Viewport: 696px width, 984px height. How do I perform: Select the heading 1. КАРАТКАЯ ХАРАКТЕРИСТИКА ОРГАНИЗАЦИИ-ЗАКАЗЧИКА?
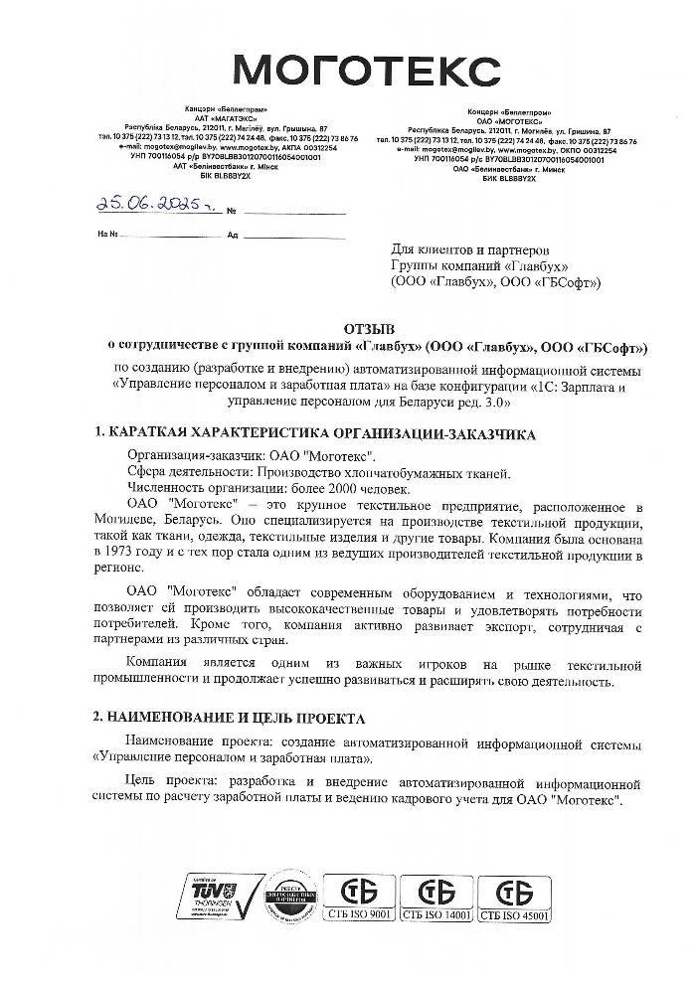[315, 434]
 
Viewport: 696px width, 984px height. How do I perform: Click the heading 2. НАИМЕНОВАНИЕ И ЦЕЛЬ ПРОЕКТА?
[230, 717]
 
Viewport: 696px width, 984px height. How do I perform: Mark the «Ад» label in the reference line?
[233, 237]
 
